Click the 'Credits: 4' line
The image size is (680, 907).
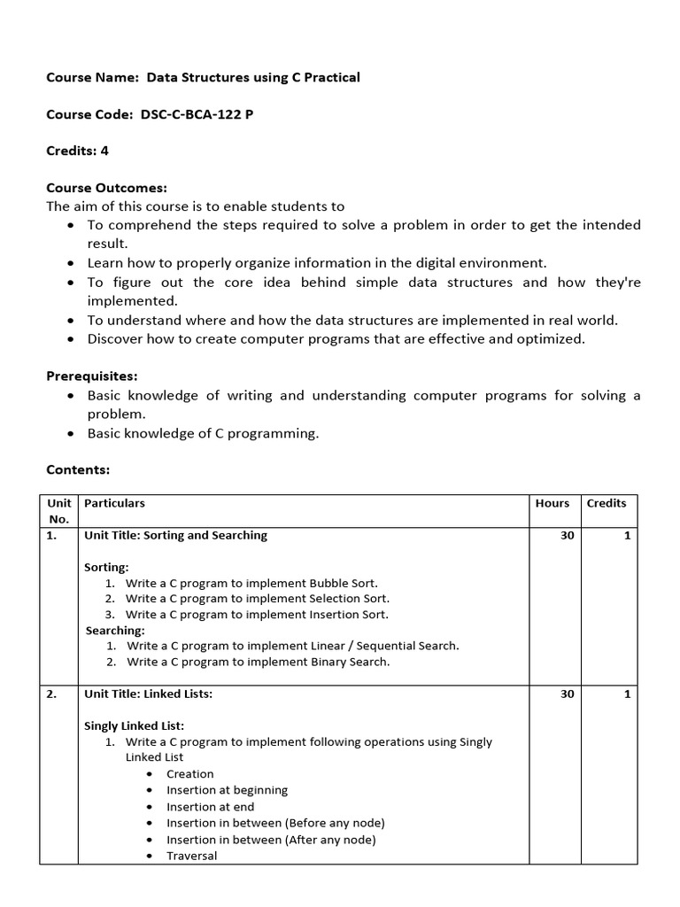coord(77,151)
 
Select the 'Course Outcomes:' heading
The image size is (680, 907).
coord(106,188)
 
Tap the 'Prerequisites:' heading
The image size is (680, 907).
coord(92,376)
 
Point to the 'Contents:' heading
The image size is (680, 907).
coord(78,469)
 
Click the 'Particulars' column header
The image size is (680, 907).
coord(114,503)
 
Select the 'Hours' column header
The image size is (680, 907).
coord(552,503)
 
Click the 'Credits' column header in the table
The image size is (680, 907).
coord(606,503)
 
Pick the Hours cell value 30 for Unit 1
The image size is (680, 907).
coord(567,535)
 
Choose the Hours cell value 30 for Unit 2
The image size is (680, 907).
coord(567,694)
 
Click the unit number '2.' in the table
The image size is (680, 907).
coord(51,694)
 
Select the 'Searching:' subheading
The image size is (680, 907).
coord(115,631)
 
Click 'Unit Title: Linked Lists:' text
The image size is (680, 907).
coord(148,694)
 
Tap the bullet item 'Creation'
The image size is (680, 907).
coord(189,774)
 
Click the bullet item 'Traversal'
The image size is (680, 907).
coord(191,856)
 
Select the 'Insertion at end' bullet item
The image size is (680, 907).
coord(210,807)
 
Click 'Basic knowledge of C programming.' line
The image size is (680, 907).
coord(202,433)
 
